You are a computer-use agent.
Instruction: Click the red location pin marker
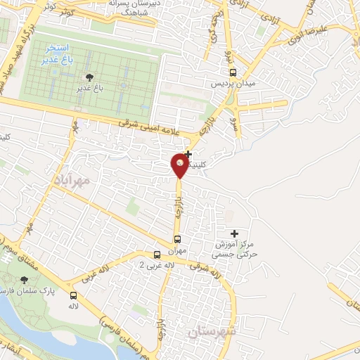tap(179, 165)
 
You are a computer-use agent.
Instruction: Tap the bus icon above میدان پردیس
tap(233, 72)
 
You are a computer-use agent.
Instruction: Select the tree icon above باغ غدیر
tap(89, 77)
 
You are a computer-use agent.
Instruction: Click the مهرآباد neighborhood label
tap(72, 180)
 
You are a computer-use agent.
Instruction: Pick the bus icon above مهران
tap(177, 239)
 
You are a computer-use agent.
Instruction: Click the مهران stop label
tap(177, 250)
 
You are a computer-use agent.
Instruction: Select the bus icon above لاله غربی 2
tap(158, 254)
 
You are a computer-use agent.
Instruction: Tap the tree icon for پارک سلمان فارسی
tap(25, 280)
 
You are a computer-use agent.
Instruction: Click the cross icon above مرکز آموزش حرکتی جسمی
tap(234, 233)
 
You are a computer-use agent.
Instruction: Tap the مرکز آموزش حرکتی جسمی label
tap(236, 249)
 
